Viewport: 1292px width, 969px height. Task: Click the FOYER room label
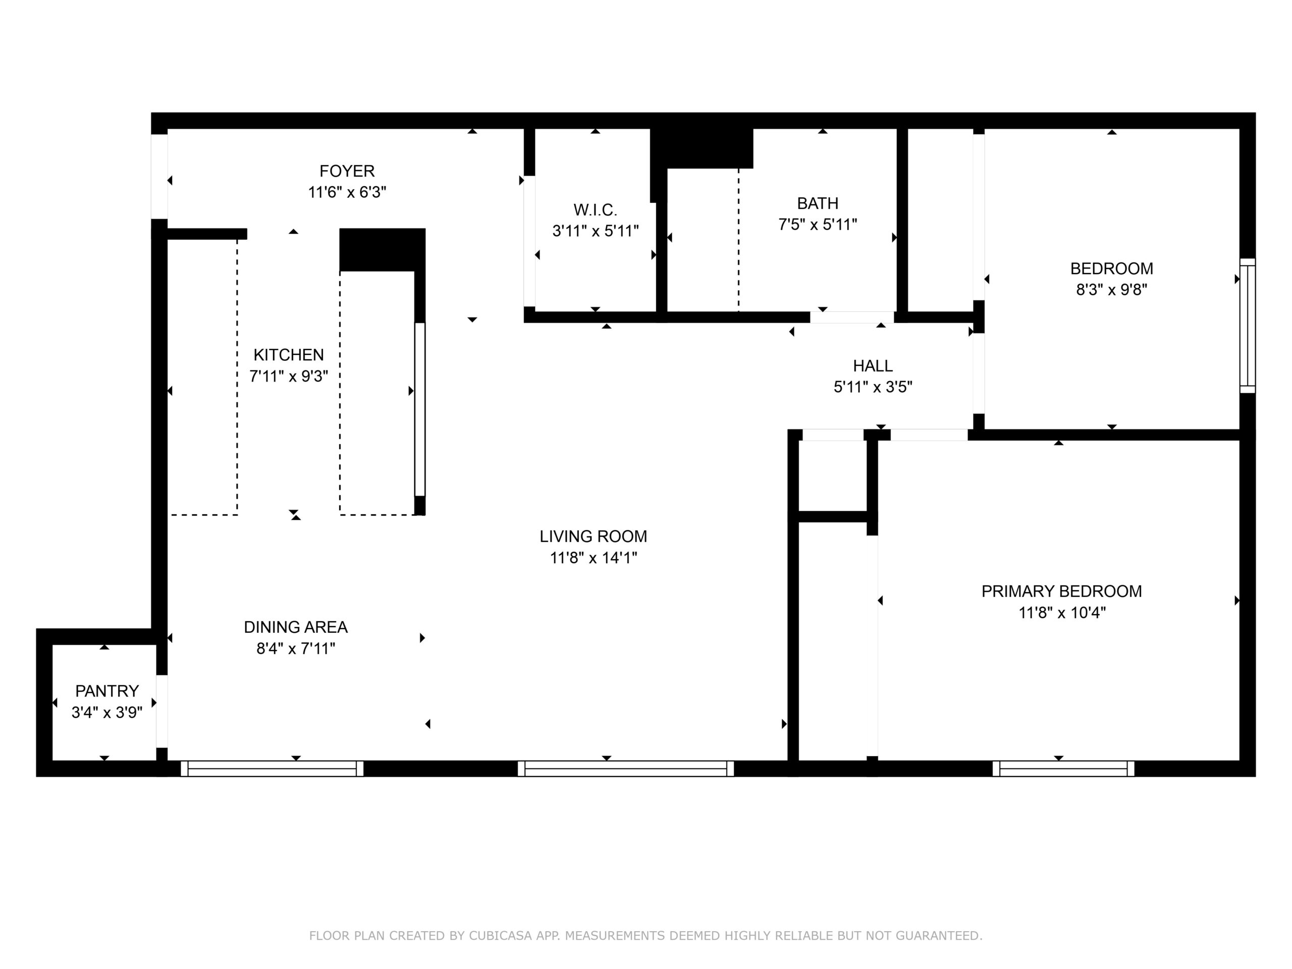tap(347, 171)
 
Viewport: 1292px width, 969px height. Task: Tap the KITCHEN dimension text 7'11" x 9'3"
tap(289, 376)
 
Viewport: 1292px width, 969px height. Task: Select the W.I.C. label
tap(595, 209)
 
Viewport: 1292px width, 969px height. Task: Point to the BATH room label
tap(818, 203)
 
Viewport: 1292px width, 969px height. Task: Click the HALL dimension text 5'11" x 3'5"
tap(873, 387)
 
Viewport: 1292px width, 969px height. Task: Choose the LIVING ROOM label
tap(594, 536)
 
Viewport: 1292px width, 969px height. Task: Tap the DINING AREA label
tap(296, 627)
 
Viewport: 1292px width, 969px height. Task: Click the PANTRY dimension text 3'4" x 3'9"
tap(107, 713)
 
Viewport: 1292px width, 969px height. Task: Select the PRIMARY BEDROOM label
tap(1062, 591)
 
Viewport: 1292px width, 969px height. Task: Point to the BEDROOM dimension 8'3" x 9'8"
tap(1111, 290)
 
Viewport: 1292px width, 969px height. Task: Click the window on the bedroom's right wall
tap(1247, 326)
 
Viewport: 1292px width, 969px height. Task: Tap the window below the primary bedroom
tap(1063, 768)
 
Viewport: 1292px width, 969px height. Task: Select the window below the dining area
tap(272, 768)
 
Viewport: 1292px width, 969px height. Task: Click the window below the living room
tap(625, 768)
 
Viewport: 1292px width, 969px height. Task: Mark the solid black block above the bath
tap(702, 148)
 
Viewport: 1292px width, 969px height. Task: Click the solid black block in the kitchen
tap(382, 250)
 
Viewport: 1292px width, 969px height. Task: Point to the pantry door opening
tap(162, 712)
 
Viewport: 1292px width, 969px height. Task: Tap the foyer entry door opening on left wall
tap(159, 177)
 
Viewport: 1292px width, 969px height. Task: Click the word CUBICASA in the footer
tap(500, 936)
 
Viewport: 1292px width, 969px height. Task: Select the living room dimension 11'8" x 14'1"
tap(594, 558)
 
